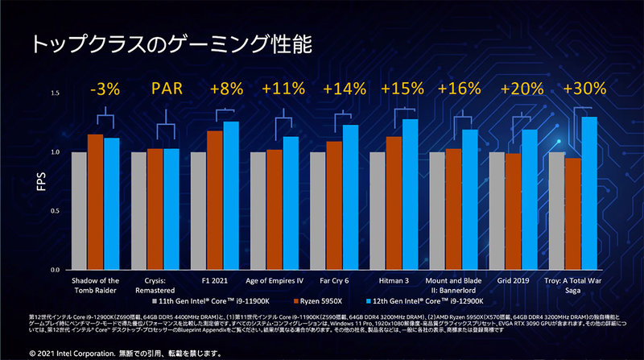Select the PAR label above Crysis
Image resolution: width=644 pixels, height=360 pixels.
coord(165,89)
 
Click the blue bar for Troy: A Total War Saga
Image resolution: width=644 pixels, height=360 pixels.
coord(589,192)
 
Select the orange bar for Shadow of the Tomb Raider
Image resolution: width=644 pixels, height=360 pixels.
coord(95,201)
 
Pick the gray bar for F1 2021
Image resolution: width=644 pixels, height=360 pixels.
coord(198,210)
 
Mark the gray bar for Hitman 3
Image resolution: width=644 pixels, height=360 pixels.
coord(378,210)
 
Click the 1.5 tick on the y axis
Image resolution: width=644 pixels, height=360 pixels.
coord(56,94)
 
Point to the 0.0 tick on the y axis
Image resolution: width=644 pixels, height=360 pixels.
coord(56,268)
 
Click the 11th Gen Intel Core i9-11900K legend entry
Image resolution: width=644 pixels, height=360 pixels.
coord(214,299)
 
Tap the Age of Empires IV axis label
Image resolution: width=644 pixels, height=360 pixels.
coord(274,281)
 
